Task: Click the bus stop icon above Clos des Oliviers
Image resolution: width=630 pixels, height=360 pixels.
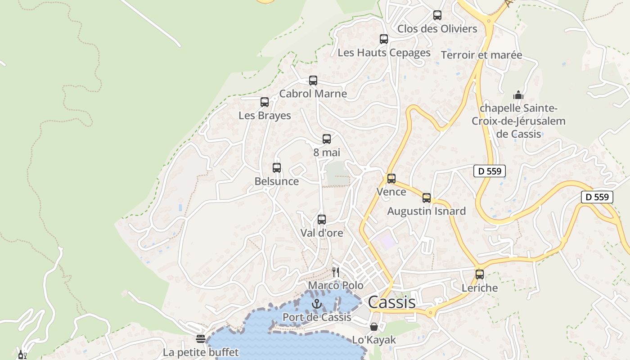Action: pyautogui.click(x=437, y=15)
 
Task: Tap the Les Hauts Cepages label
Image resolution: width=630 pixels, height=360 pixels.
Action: pyautogui.click(x=384, y=53)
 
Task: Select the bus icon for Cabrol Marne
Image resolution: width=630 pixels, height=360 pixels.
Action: pyautogui.click(x=313, y=81)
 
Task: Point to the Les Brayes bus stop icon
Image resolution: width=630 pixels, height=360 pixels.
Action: pyautogui.click(x=265, y=102)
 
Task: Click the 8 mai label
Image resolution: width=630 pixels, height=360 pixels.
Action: pyautogui.click(x=327, y=153)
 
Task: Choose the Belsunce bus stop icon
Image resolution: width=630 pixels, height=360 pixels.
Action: pyautogui.click(x=277, y=168)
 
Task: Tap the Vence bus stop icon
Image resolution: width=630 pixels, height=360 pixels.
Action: pyautogui.click(x=391, y=179)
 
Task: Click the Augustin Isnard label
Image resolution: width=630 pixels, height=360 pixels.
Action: pyautogui.click(x=427, y=211)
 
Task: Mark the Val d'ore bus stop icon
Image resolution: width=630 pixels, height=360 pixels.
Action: pyautogui.click(x=322, y=220)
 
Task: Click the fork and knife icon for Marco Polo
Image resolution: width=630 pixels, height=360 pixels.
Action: pyautogui.click(x=336, y=272)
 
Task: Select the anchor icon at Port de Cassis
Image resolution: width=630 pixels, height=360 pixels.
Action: pyautogui.click(x=317, y=304)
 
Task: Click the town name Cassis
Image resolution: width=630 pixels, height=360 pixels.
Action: pyautogui.click(x=391, y=302)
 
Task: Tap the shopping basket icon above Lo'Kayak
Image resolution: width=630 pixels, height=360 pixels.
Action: pyautogui.click(x=374, y=327)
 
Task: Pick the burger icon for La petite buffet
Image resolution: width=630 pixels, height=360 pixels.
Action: pyautogui.click(x=201, y=338)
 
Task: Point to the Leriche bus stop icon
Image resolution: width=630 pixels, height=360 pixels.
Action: pyautogui.click(x=480, y=274)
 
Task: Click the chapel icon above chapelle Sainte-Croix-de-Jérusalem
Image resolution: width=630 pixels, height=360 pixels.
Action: pyautogui.click(x=518, y=95)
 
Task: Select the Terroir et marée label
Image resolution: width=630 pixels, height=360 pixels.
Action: pyautogui.click(x=481, y=55)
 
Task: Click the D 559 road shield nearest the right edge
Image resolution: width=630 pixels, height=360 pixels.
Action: pyautogui.click(x=597, y=197)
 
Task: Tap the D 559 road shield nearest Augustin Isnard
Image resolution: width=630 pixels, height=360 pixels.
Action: pyautogui.click(x=490, y=171)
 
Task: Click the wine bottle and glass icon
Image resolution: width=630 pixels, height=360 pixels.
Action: pyautogui.click(x=22, y=355)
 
